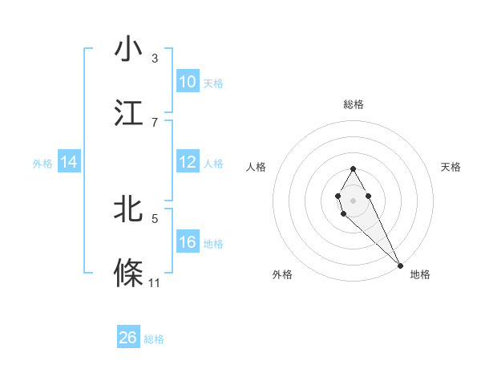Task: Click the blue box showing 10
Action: click(188, 82)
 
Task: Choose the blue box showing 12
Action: click(188, 163)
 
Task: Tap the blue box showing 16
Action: click(188, 242)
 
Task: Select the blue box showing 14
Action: click(69, 163)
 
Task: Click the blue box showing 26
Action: click(128, 338)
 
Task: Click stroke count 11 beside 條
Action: click(155, 282)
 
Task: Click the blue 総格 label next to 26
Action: click(154, 339)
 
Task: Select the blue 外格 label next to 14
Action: click(42, 164)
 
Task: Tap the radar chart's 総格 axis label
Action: click(353, 104)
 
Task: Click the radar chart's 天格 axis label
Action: click(451, 167)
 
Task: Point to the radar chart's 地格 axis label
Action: click(420, 274)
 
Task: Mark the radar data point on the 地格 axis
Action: click(400, 265)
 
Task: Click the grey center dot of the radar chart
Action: click(353, 199)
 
